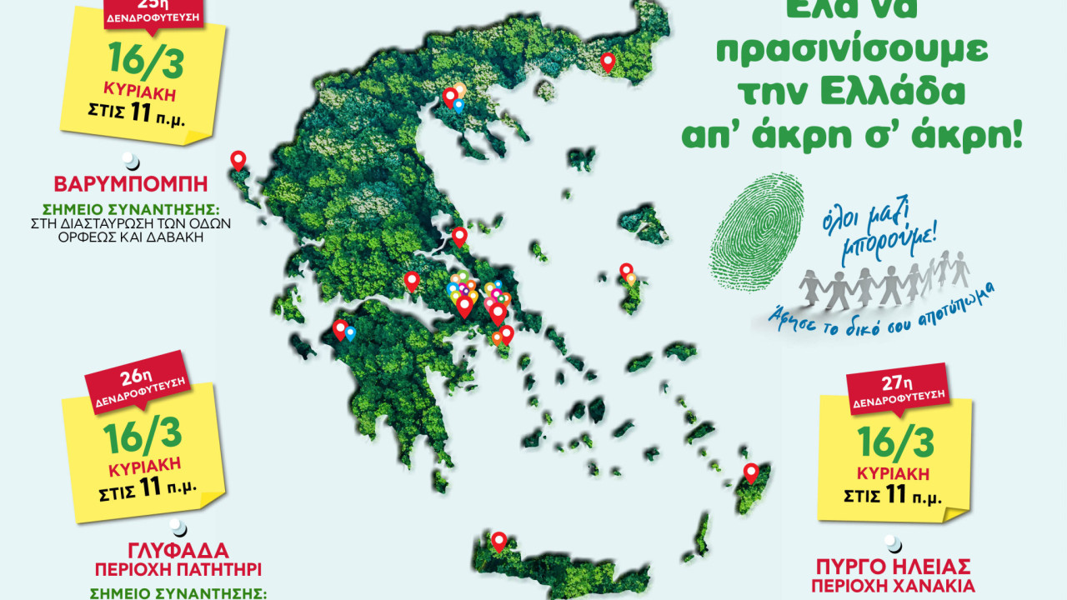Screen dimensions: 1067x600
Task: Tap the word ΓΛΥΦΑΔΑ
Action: click(x=178, y=552)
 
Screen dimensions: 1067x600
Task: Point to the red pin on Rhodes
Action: click(x=751, y=472)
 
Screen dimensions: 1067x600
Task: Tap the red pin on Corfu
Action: click(x=238, y=159)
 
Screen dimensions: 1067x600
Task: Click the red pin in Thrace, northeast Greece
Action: click(x=608, y=61)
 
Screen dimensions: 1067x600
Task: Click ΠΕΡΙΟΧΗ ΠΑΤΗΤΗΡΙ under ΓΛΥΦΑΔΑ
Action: click(x=178, y=572)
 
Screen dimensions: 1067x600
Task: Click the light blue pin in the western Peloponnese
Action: click(x=350, y=333)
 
